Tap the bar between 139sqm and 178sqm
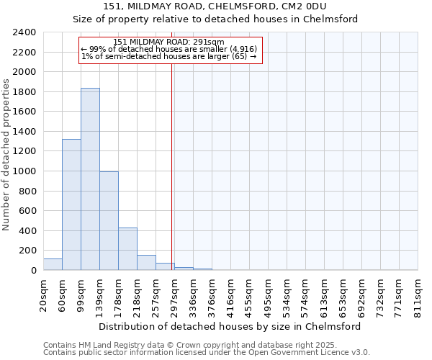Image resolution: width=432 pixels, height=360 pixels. point(109,220)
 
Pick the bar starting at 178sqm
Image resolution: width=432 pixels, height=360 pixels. point(127,248)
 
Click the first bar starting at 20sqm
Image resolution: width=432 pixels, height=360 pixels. point(53,264)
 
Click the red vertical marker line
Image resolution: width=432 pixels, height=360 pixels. point(172,158)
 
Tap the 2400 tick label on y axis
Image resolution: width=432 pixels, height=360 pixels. point(24,32)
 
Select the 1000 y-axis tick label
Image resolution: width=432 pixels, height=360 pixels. point(24,171)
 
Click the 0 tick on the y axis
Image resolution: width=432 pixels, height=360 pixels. point(33,271)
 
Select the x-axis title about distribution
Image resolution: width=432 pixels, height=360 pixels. point(230,326)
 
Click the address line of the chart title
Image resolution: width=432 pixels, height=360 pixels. point(230,6)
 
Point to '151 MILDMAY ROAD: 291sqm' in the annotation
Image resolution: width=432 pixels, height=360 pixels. point(169,42)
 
